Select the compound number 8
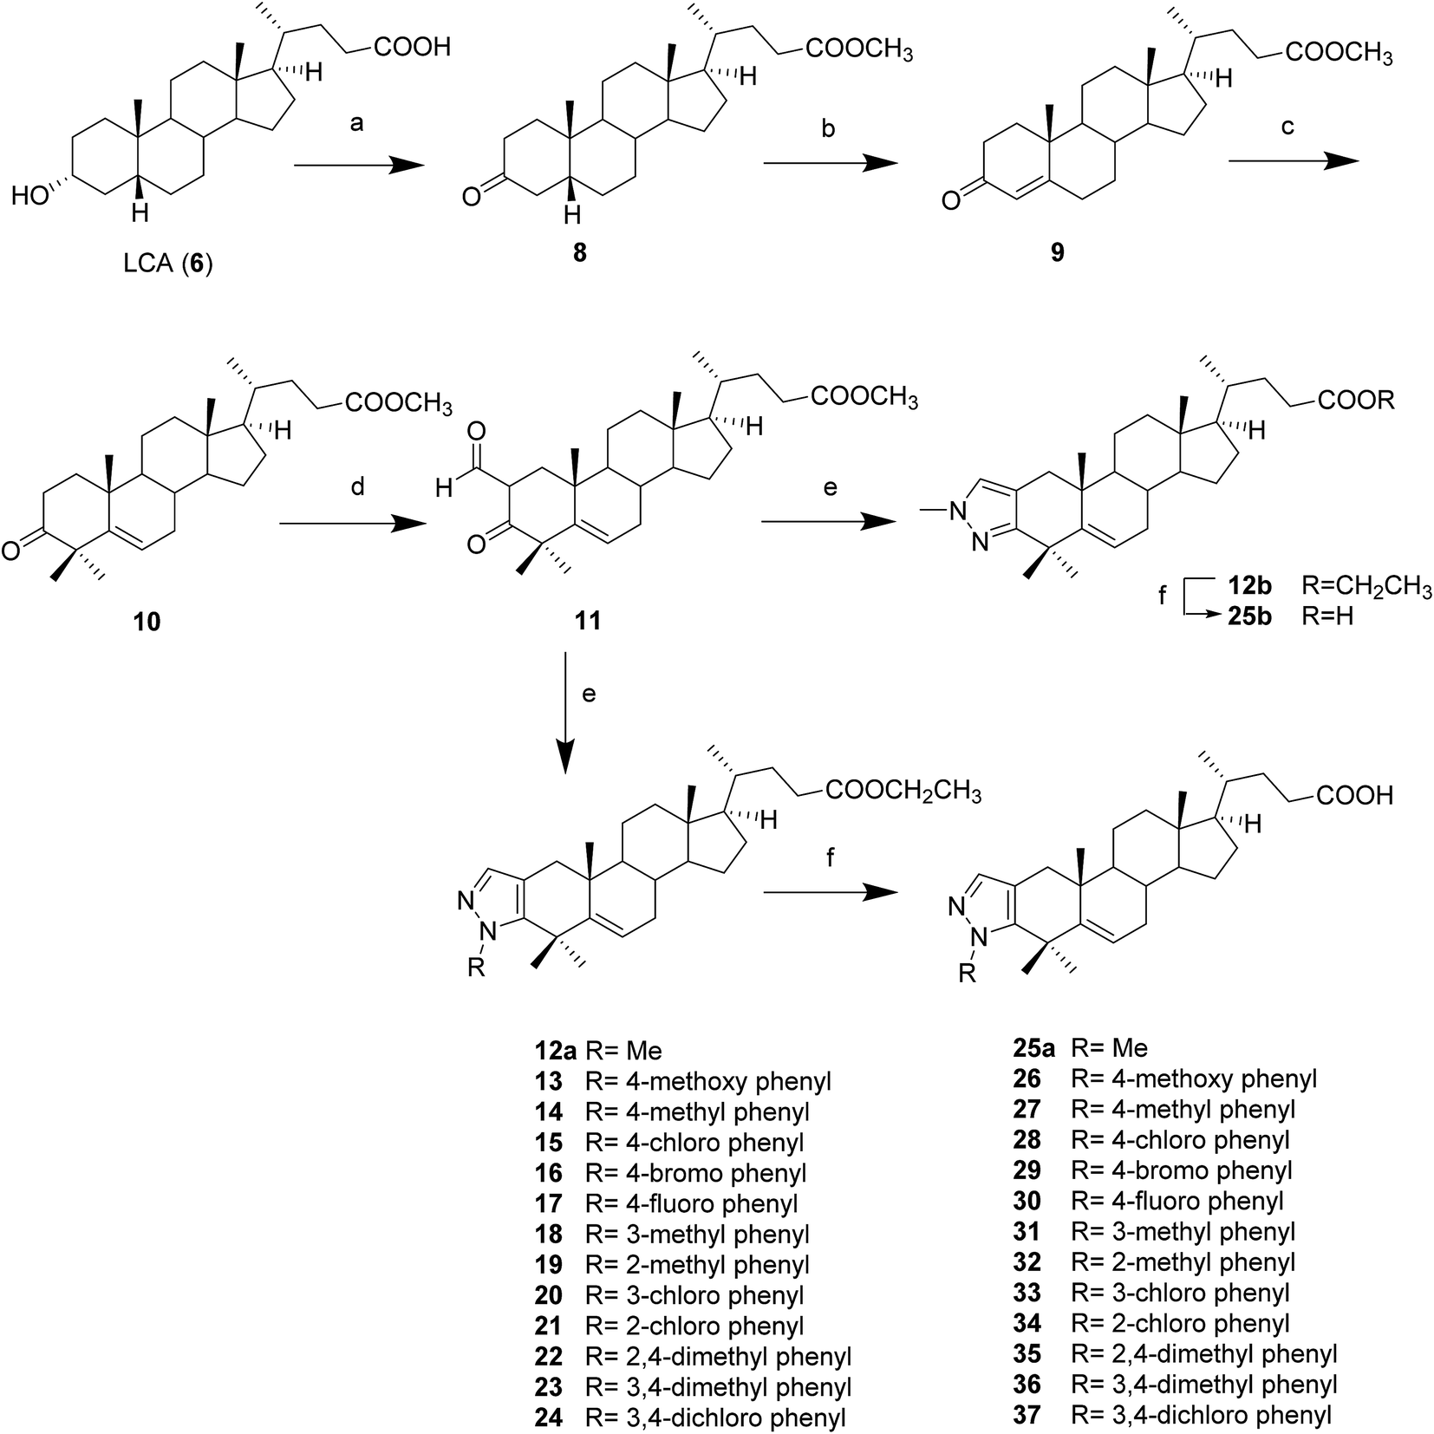point(581,254)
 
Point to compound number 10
point(147,621)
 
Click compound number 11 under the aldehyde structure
point(588,621)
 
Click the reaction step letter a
point(356,124)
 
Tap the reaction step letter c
point(1288,127)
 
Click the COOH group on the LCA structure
point(413,46)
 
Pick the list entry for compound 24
point(690,1418)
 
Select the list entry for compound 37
point(1172,1416)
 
